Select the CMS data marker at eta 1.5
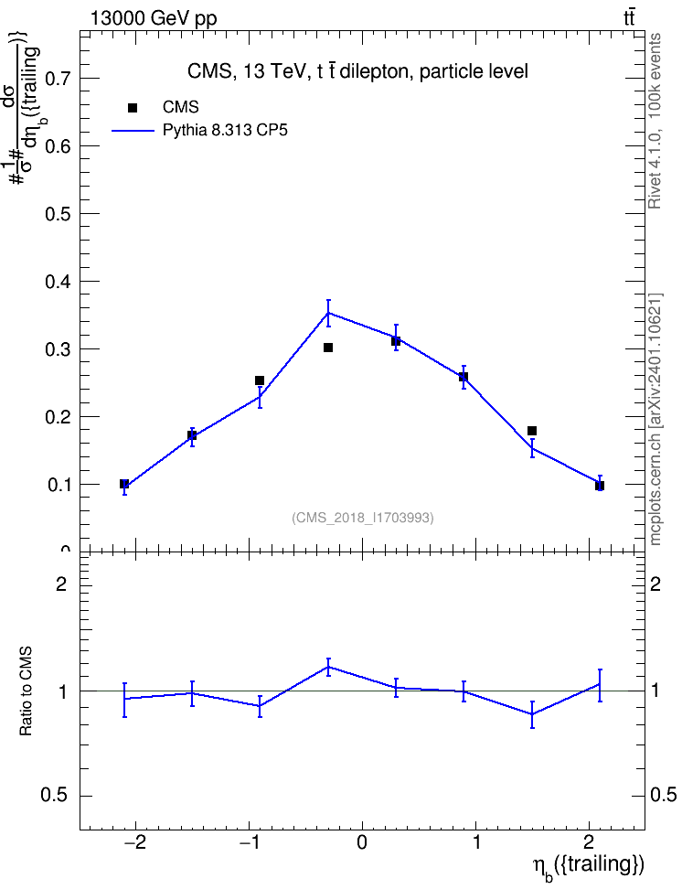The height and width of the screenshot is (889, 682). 532,431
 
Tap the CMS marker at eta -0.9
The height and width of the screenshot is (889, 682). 260,380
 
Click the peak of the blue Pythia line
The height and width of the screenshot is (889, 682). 328,313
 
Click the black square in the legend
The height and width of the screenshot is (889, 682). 133,108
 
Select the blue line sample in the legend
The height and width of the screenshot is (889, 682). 133,131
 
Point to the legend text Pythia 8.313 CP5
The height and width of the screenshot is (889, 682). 225,131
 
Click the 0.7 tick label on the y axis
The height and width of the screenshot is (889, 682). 57,78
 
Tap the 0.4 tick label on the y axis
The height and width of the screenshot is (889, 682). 57,281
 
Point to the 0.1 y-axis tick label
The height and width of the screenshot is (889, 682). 57,485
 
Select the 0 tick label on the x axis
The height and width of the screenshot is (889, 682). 362,843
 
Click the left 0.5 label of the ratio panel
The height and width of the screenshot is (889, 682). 54,796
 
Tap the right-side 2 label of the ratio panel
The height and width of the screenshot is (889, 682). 655,584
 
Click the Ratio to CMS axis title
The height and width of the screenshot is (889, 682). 26,691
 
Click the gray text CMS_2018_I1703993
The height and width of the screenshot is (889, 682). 363,518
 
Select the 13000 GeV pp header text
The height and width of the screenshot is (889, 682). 154,19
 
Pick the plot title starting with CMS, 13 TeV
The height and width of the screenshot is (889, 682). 357,71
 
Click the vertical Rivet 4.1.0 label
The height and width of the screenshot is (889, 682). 655,121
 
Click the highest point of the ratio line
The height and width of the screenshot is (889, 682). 328,667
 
